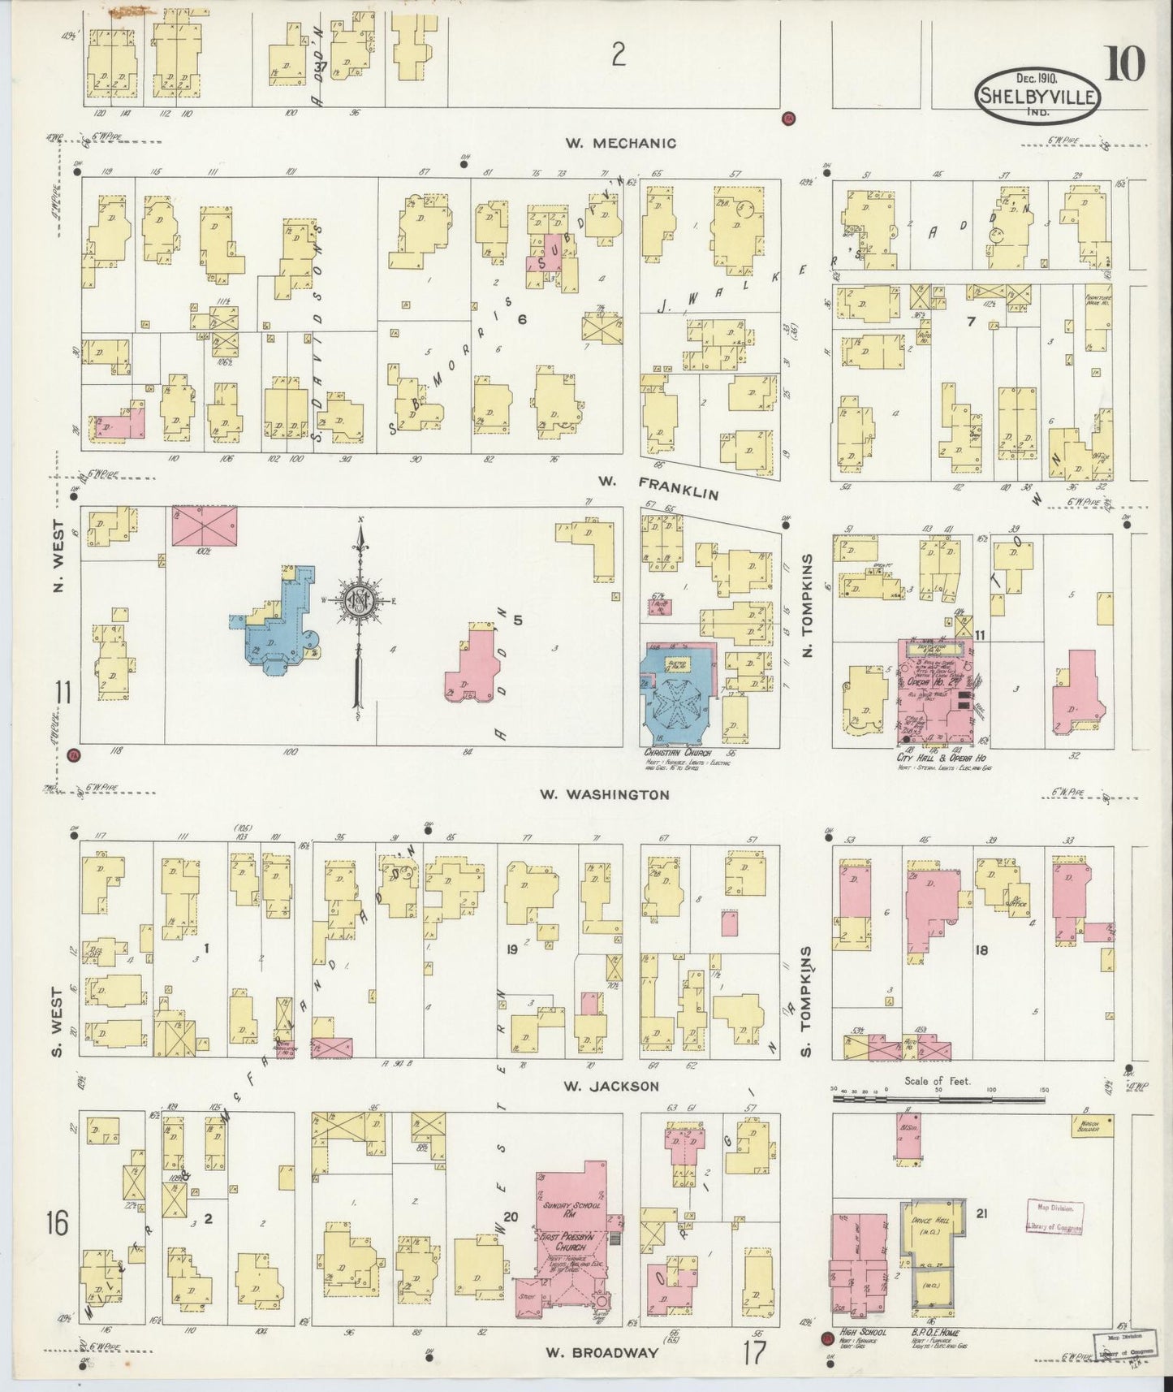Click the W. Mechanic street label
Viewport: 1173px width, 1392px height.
tap(621, 144)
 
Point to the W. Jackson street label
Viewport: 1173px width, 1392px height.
tap(613, 1085)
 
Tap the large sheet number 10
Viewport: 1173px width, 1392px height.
tap(1123, 64)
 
